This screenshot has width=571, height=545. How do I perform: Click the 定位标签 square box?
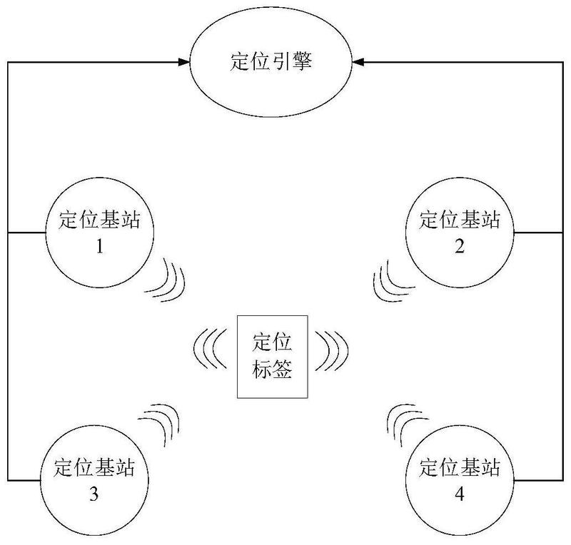(x=273, y=356)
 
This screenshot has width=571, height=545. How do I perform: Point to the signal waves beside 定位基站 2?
(x=389, y=281)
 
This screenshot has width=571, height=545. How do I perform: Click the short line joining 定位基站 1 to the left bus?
(x=26, y=233)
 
